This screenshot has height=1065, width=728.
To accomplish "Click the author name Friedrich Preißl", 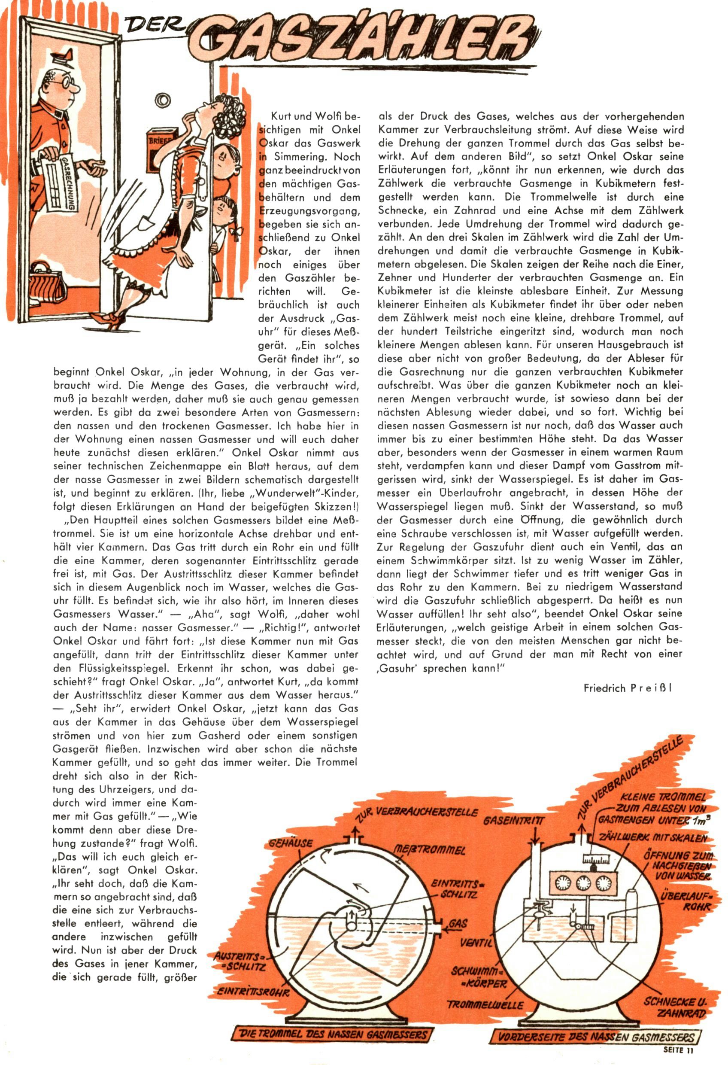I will [x=628, y=688].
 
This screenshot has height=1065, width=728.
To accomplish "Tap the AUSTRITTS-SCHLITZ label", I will [x=240, y=962].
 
